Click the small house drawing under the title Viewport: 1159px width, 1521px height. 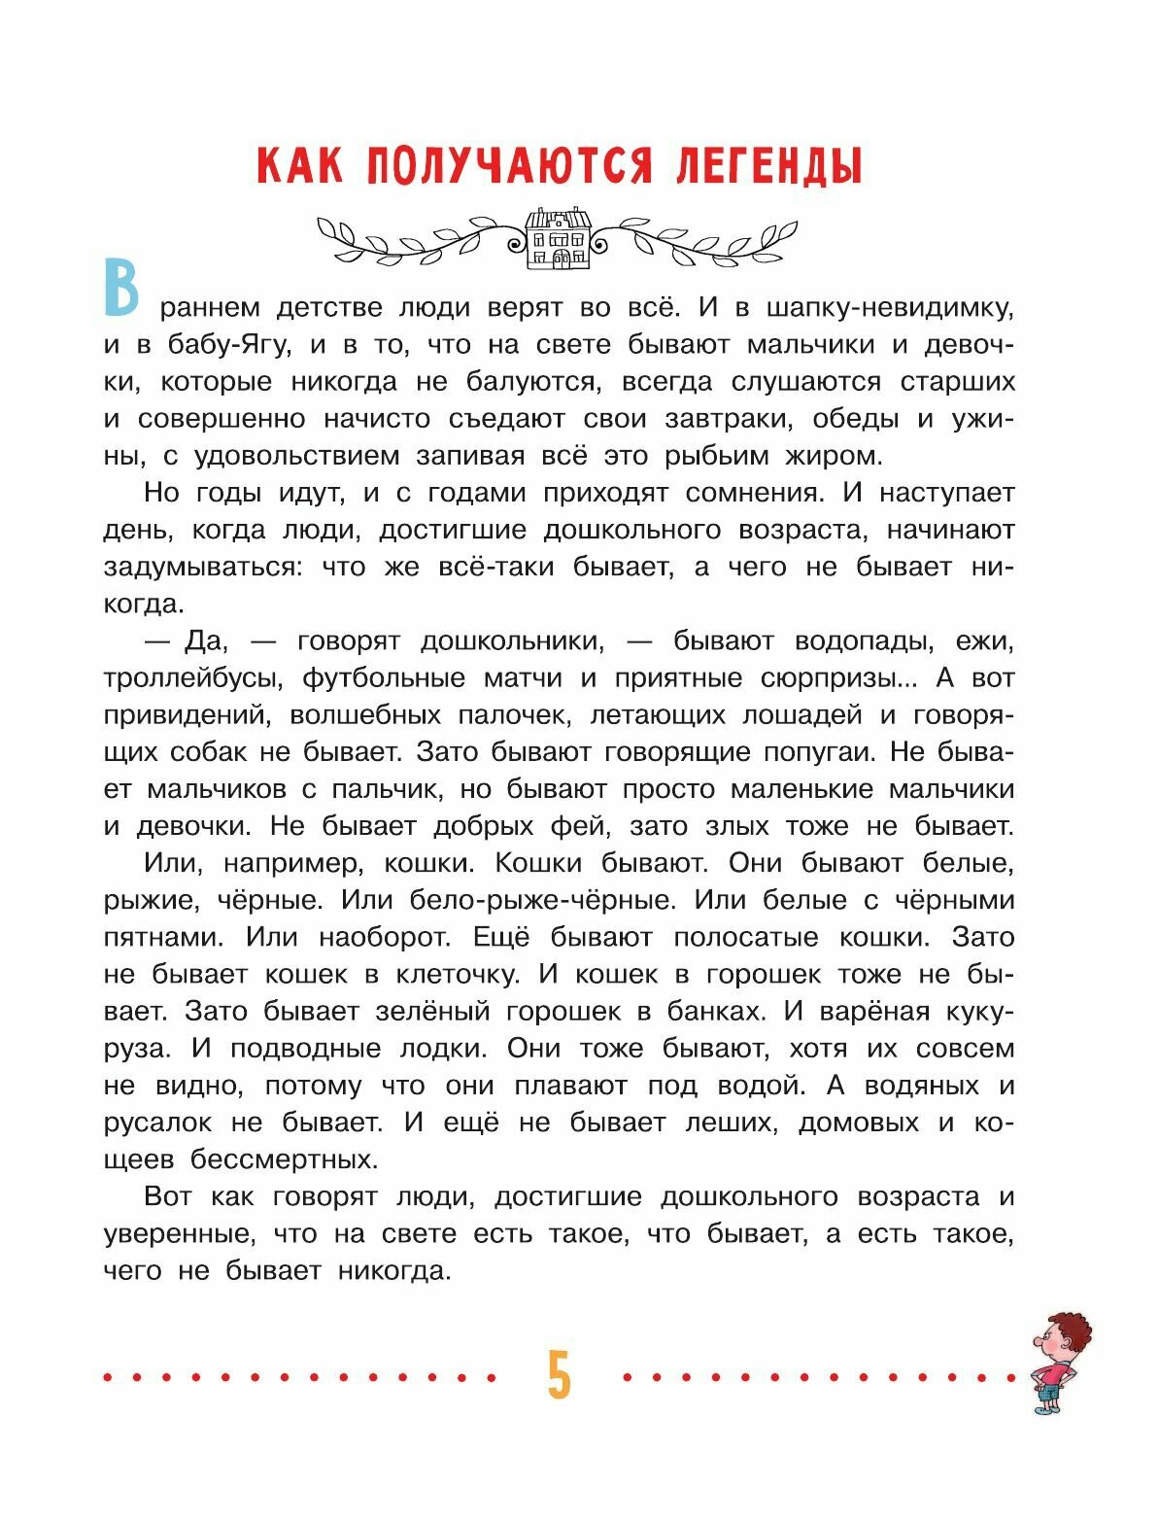click(x=558, y=238)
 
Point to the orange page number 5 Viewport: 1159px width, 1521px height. click(x=559, y=1376)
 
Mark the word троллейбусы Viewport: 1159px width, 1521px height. click(x=193, y=678)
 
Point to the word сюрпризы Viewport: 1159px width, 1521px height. click(x=837, y=678)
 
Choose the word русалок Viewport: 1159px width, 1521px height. click(x=157, y=1123)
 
